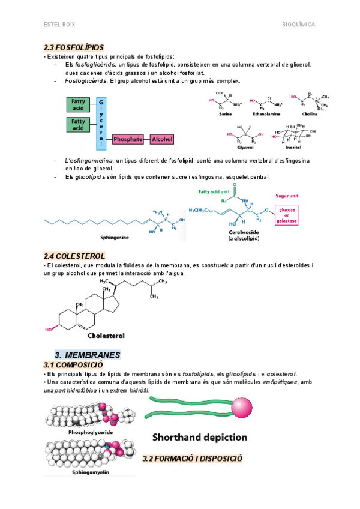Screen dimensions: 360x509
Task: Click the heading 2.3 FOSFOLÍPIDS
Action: (74, 47)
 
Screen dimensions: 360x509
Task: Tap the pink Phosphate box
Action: (128, 139)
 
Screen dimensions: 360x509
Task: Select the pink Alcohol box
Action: (161, 139)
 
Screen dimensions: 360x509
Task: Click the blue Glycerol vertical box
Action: (101, 123)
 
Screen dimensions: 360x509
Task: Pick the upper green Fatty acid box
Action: (78, 105)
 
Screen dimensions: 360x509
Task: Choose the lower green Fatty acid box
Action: (78, 125)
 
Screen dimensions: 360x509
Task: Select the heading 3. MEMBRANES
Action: (87, 355)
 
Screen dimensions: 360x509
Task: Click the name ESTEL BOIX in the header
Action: (59, 25)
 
